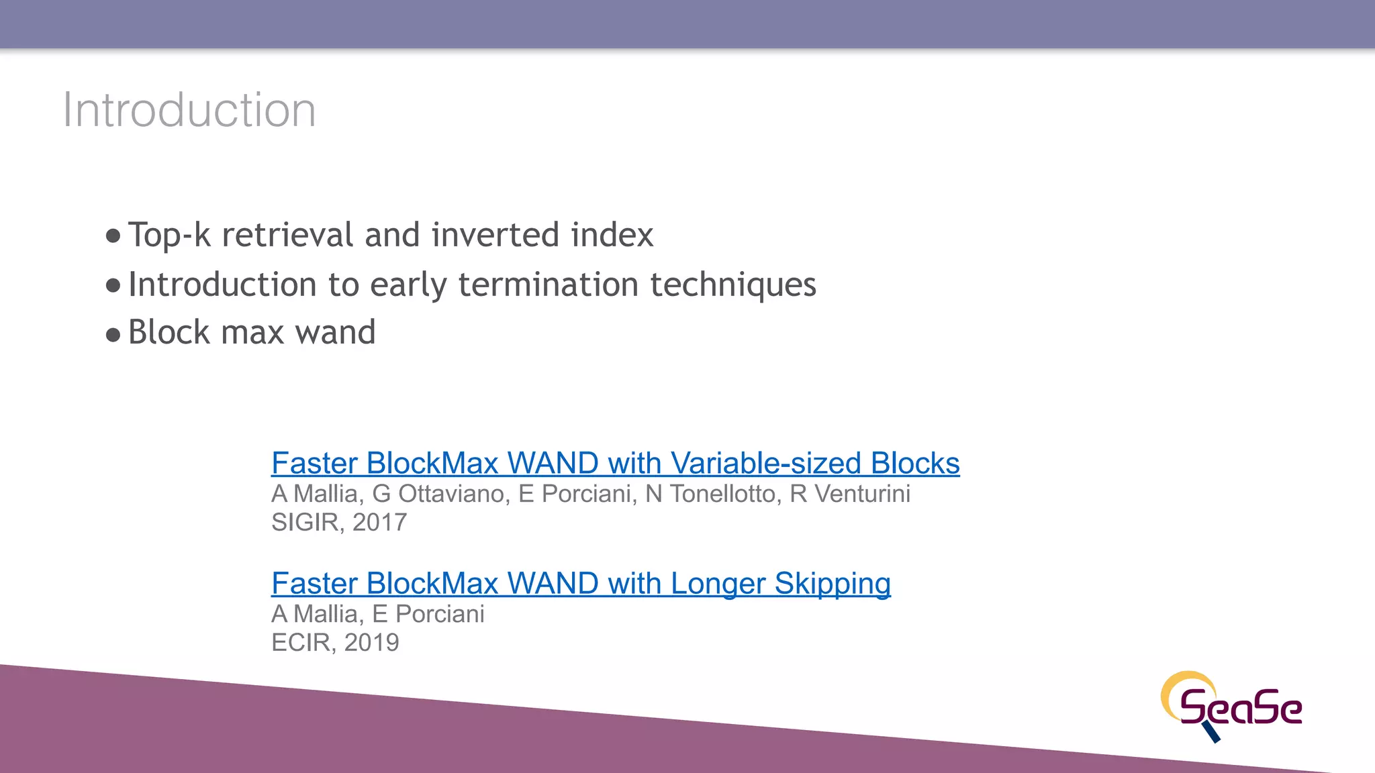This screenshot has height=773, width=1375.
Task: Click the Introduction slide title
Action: (189, 110)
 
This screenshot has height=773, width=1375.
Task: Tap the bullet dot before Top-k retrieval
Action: (113, 236)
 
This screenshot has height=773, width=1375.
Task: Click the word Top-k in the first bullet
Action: (169, 236)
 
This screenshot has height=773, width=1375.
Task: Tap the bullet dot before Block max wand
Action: (113, 333)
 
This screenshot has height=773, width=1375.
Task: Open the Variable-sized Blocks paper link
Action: (615, 464)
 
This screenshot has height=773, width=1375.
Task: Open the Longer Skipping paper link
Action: (581, 584)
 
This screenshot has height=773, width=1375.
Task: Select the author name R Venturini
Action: (850, 495)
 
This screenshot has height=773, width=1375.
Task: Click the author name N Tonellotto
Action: (710, 495)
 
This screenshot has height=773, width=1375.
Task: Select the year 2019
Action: (371, 643)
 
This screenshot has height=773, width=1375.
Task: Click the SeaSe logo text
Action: (1241, 709)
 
